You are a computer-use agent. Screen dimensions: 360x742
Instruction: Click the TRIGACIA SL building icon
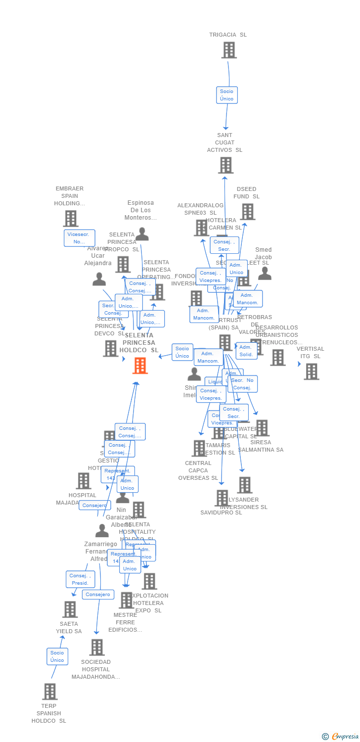pyautogui.click(x=228, y=50)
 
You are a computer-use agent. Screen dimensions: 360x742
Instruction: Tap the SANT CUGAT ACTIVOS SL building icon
pyautogui.click(x=225, y=165)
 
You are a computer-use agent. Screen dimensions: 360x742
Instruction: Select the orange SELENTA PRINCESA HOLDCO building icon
pyautogui.click(x=140, y=366)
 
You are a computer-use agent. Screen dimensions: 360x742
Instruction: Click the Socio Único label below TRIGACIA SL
pyautogui.click(x=227, y=95)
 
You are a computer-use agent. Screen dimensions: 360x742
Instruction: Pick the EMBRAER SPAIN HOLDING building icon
pyautogui.click(x=71, y=218)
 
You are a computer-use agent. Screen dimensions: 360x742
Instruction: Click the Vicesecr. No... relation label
pyautogui.click(x=79, y=238)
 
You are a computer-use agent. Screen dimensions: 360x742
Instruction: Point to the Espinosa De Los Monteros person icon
pyautogui.click(x=142, y=233)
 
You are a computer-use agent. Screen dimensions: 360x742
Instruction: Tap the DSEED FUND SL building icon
pyautogui.click(x=247, y=212)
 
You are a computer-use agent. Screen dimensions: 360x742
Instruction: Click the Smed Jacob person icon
pyautogui.click(x=265, y=273)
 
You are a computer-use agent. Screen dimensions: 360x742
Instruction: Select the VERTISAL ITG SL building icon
pyautogui.click(x=311, y=371)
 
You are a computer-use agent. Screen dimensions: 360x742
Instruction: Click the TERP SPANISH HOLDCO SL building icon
pyautogui.click(x=49, y=691)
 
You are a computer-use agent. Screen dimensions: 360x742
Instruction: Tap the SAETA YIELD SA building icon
pyautogui.click(x=70, y=609)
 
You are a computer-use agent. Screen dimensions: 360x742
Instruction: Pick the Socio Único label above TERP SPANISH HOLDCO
pyautogui.click(x=57, y=656)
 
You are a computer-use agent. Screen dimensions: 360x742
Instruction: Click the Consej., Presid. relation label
pyautogui.click(x=80, y=579)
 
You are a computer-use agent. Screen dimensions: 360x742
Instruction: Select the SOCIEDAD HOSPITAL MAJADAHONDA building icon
pyautogui.click(x=97, y=647)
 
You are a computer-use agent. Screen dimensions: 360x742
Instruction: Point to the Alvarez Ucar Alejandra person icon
pyautogui.click(x=99, y=279)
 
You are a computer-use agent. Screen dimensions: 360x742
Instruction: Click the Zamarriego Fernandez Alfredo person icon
pyautogui.click(x=102, y=531)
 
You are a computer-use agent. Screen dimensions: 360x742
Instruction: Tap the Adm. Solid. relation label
pyautogui.click(x=246, y=351)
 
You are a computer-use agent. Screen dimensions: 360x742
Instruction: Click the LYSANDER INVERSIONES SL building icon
pyautogui.click(x=244, y=485)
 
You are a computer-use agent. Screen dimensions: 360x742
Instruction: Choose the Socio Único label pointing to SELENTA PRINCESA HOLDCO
pyautogui.click(x=182, y=352)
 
